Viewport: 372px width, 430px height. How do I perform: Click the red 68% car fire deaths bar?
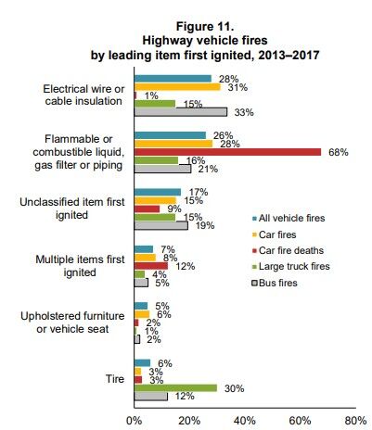point(227,152)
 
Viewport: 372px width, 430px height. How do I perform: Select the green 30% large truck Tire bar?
point(175,388)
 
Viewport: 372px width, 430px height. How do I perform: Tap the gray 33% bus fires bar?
point(181,112)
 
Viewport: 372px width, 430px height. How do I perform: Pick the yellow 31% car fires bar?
point(177,87)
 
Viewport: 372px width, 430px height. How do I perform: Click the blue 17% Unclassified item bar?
point(158,192)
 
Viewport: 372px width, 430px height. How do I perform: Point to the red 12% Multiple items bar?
point(151,266)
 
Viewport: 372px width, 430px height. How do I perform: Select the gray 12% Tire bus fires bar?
point(151,397)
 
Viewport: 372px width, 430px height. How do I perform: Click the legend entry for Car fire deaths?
point(288,250)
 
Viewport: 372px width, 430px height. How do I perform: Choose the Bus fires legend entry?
point(275,283)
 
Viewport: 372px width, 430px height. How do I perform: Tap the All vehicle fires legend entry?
point(289,218)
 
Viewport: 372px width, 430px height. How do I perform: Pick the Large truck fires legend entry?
point(291,266)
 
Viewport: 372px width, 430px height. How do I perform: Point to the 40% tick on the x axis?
point(245,421)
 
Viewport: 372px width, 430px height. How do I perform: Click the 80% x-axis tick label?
point(355,421)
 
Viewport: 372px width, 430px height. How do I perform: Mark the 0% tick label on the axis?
point(135,421)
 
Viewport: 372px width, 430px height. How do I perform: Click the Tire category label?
point(115,379)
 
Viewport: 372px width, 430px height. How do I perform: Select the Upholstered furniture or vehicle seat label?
point(72,322)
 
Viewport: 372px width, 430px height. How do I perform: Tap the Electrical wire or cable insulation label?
point(83,95)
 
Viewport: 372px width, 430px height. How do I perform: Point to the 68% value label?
point(339,152)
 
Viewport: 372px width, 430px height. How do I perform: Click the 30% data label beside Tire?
point(235,388)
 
